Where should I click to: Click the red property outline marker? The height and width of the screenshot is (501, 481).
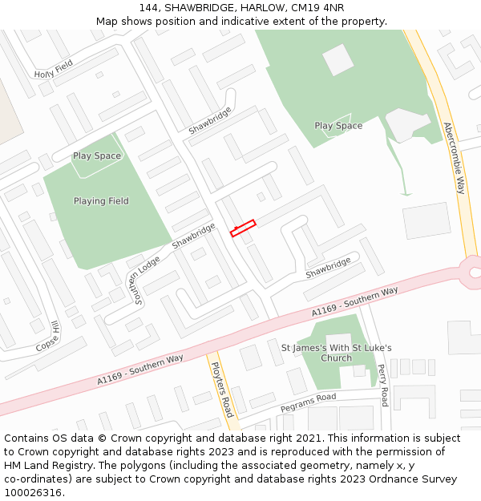click(x=243, y=228)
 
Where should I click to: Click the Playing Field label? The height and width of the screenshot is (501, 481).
click(x=101, y=201)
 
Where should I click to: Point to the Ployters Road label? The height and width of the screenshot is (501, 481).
click(x=221, y=389)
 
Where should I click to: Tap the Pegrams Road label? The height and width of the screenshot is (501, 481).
click(x=308, y=402)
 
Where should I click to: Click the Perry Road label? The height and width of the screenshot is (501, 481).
click(x=383, y=386)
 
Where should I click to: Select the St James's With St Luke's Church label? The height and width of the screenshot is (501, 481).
click(x=336, y=353)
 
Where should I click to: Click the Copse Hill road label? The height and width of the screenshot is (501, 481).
click(x=47, y=337)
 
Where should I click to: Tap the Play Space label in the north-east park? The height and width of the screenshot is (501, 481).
click(x=338, y=126)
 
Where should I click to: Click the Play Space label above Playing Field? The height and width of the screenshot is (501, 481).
click(x=97, y=156)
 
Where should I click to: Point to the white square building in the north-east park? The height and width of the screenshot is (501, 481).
click(x=338, y=59)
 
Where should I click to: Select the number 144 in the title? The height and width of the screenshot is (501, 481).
click(x=149, y=7)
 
